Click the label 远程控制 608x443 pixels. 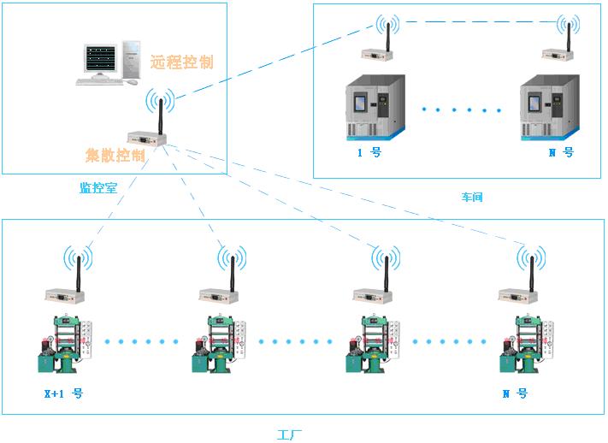(181, 62)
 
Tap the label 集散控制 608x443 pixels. (115, 155)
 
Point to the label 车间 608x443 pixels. (472, 197)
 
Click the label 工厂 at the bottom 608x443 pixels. (290, 434)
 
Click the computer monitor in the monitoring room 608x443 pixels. (102, 60)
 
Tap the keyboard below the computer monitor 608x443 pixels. (99, 82)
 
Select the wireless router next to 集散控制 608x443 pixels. (145, 138)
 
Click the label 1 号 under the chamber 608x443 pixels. (369, 153)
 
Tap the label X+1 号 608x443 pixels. (63, 394)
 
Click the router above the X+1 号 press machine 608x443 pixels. (66, 295)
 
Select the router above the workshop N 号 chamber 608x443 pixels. (558, 56)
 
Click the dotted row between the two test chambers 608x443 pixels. (462, 110)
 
